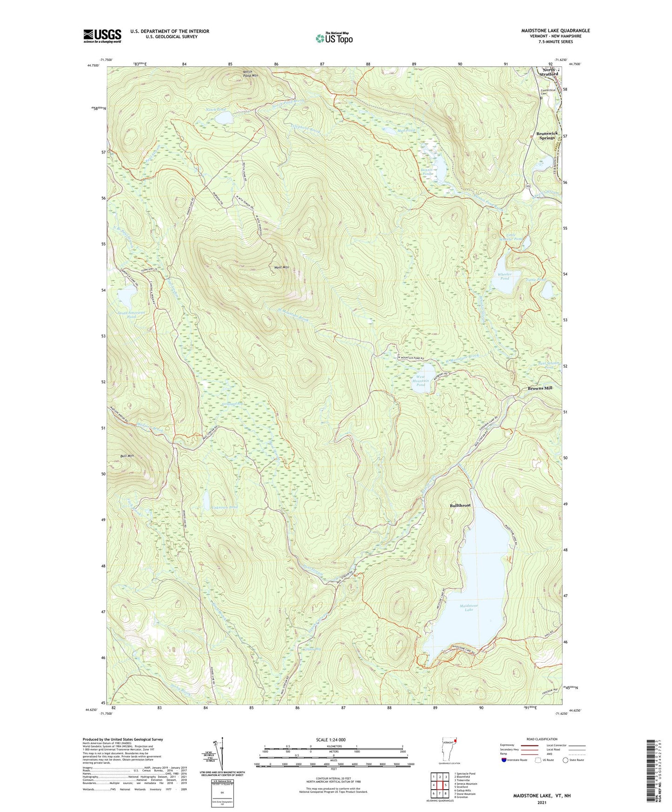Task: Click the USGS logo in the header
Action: coord(102,36)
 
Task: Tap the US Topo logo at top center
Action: coord(334,38)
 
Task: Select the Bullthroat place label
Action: coord(460,505)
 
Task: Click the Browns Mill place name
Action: coord(540,388)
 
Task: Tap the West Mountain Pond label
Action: coord(420,381)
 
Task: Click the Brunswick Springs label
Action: coord(546,135)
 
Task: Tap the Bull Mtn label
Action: coord(126,456)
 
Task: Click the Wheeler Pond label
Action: coord(505,276)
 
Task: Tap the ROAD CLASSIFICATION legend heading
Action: coord(542,739)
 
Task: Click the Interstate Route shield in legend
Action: coord(505,760)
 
